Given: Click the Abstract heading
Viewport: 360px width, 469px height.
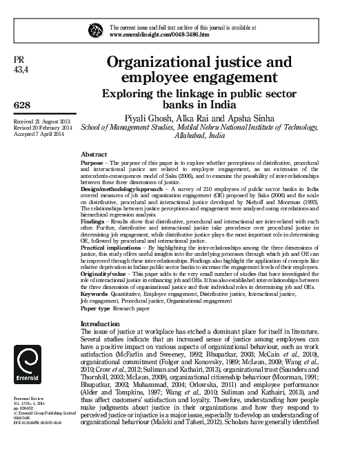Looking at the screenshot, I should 94,154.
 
